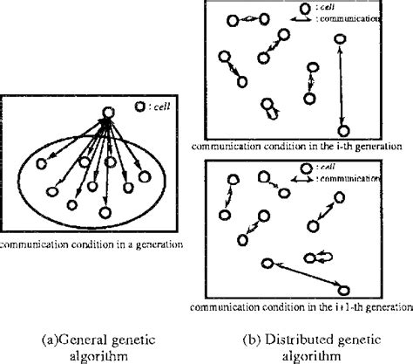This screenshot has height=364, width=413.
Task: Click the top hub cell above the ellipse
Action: [105, 113]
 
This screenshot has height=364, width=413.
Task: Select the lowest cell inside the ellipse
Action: [104, 210]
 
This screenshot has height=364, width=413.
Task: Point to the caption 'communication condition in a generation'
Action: [91, 245]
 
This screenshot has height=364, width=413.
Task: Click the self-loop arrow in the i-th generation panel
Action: [273, 112]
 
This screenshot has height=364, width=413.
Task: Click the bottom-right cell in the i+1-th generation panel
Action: [344, 289]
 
